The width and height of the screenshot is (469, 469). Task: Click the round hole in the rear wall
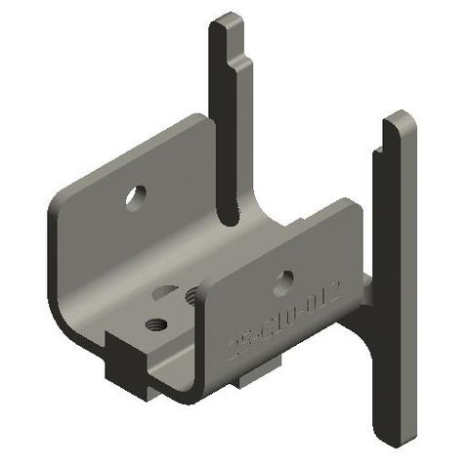135,196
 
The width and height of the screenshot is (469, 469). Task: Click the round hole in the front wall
282,284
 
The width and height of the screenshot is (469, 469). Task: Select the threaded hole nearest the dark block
153,323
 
